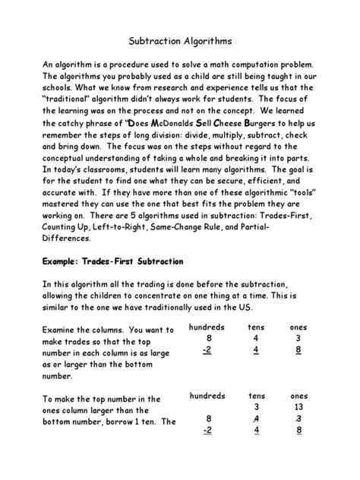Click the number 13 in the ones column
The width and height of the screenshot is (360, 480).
(x=299, y=406)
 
